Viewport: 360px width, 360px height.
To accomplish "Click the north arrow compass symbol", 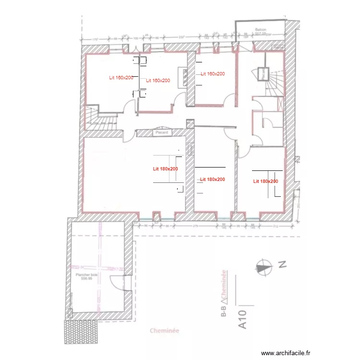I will [x=263, y=266].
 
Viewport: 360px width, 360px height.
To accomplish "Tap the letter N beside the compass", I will [x=283, y=264].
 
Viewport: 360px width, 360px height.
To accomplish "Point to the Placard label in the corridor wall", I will [x=160, y=132].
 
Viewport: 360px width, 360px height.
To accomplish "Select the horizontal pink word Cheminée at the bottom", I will [x=164, y=330].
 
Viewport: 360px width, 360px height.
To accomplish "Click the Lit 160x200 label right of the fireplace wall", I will [x=213, y=74].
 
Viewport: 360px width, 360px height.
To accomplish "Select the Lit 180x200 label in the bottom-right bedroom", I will [x=265, y=181].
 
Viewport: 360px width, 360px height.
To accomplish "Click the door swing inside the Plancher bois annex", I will [x=117, y=283].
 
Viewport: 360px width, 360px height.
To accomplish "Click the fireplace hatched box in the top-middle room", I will [x=183, y=77].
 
